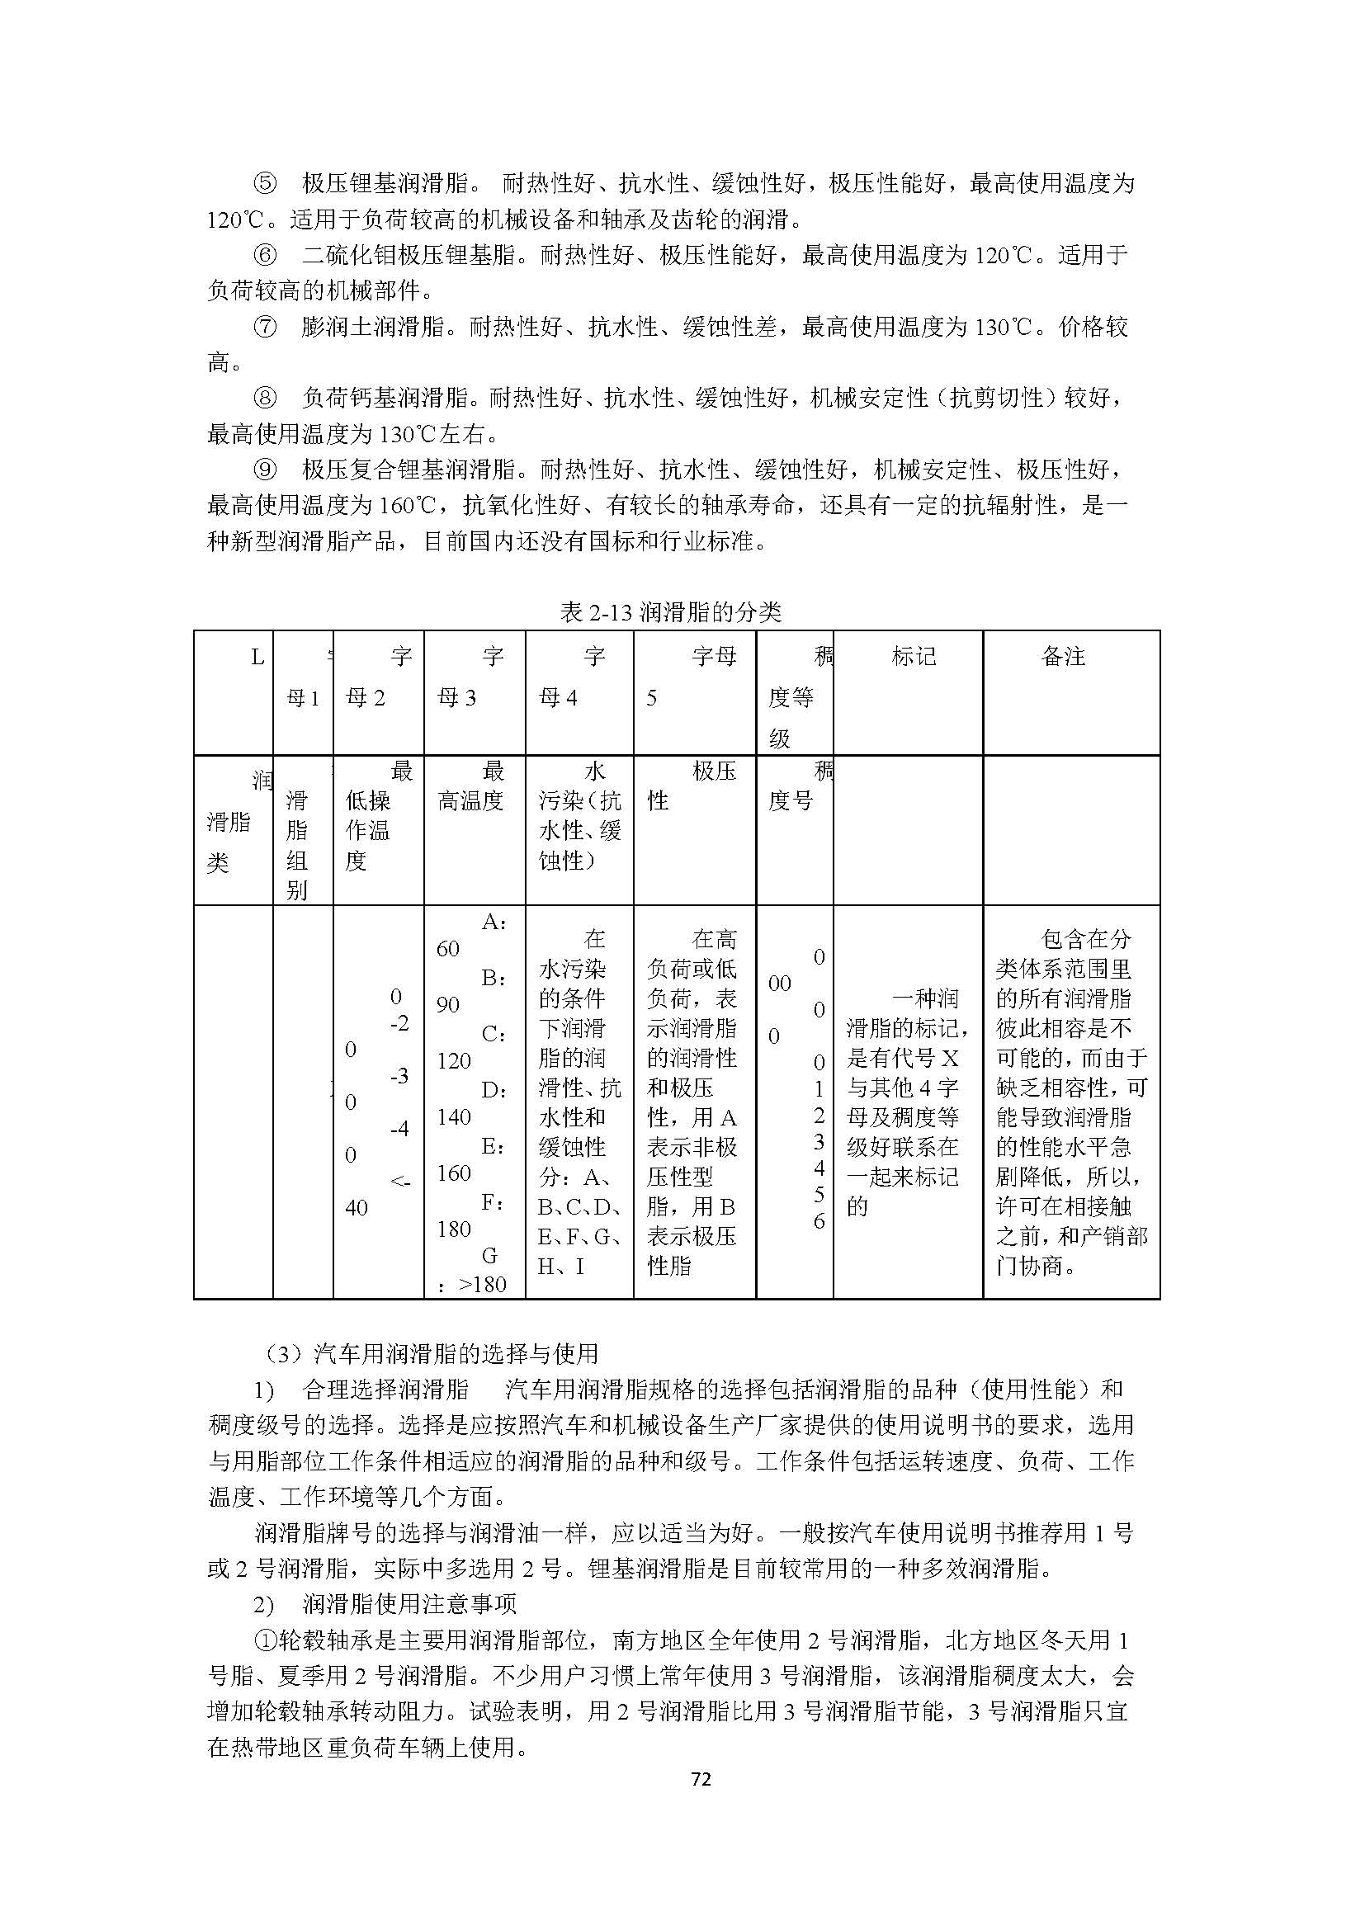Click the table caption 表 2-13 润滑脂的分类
point(670,612)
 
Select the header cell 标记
point(913,657)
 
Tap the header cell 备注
point(1062,657)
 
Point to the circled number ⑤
point(265,183)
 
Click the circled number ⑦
point(265,327)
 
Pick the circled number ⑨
point(265,469)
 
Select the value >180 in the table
point(484,1284)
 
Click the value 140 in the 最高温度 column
point(454,1116)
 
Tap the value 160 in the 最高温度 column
point(454,1173)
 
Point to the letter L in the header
point(257,657)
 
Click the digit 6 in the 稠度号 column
point(819,1220)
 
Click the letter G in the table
point(489,1255)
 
